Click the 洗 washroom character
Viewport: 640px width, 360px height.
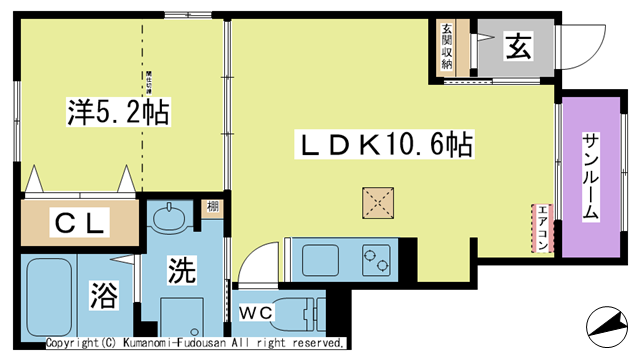[x=180, y=270]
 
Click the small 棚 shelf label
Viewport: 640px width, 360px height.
[x=213, y=208]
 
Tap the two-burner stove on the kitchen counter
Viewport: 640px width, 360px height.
[x=375, y=258]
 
